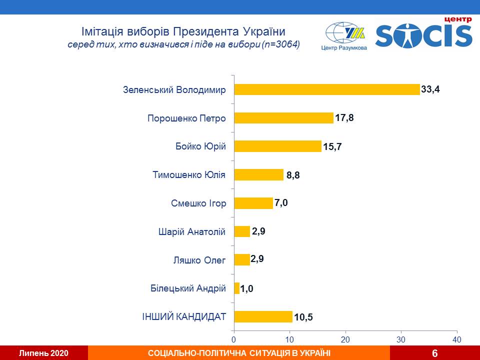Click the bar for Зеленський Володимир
click(327, 89)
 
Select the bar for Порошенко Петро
click(284, 118)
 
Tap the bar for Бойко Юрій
click(278, 146)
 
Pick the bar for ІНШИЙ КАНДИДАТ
click(263, 316)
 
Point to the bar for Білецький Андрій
click(237, 288)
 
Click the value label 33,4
click(432, 89)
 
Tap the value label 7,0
click(281, 203)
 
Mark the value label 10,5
click(303, 317)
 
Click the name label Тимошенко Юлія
click(189, 175)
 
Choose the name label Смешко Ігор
click(198, 203)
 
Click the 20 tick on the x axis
click(345, 338)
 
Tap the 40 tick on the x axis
click(456, 338)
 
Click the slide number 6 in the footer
click(434, 353)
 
